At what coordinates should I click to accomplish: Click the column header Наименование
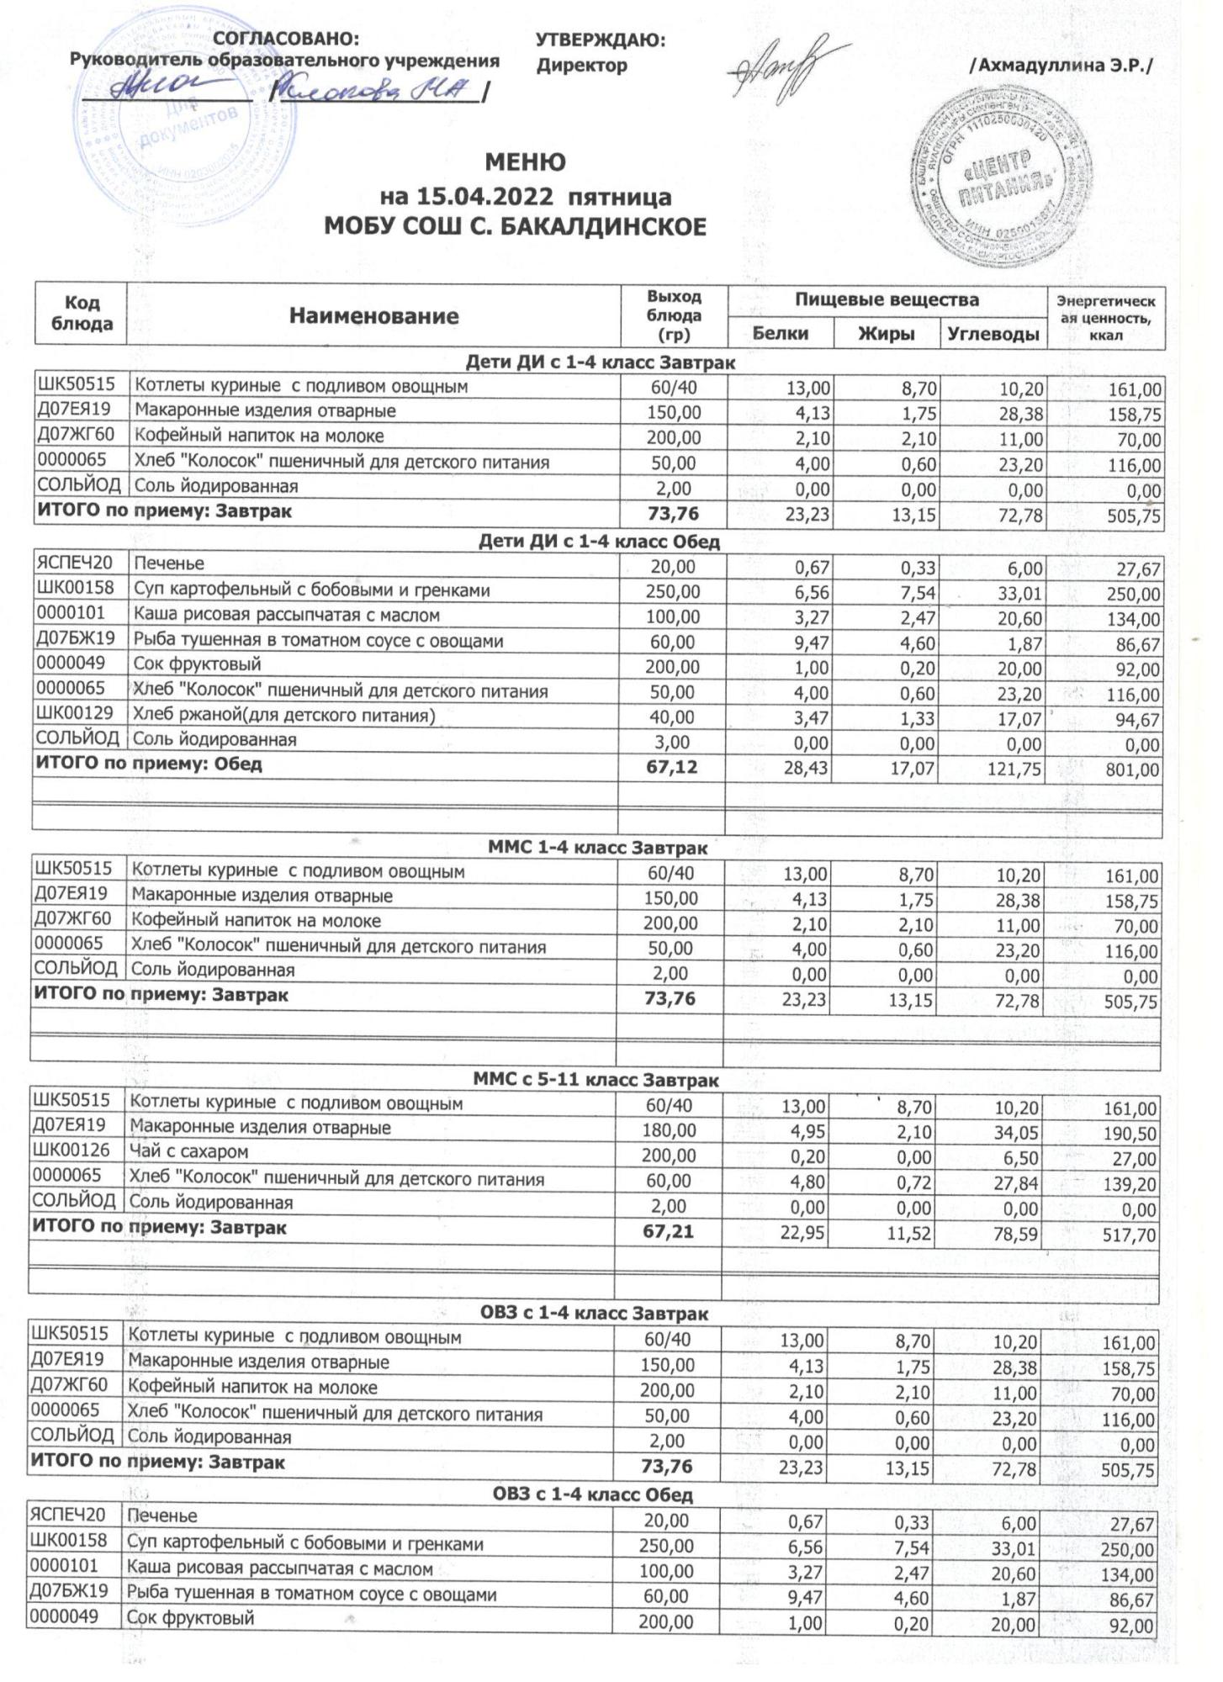[373, 316]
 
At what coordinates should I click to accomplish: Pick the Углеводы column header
[993, 334]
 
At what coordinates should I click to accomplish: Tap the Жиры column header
[886, 334]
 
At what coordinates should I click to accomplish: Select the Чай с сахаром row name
[188, 1151]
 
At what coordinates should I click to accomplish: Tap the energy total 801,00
[1133, 770]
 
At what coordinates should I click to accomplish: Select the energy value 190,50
[1130, 1134]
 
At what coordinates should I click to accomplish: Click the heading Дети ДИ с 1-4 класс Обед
[599, 542]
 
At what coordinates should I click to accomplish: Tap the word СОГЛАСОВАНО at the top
[286, 39]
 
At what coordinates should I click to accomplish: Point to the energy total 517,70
[1130, 1235]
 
